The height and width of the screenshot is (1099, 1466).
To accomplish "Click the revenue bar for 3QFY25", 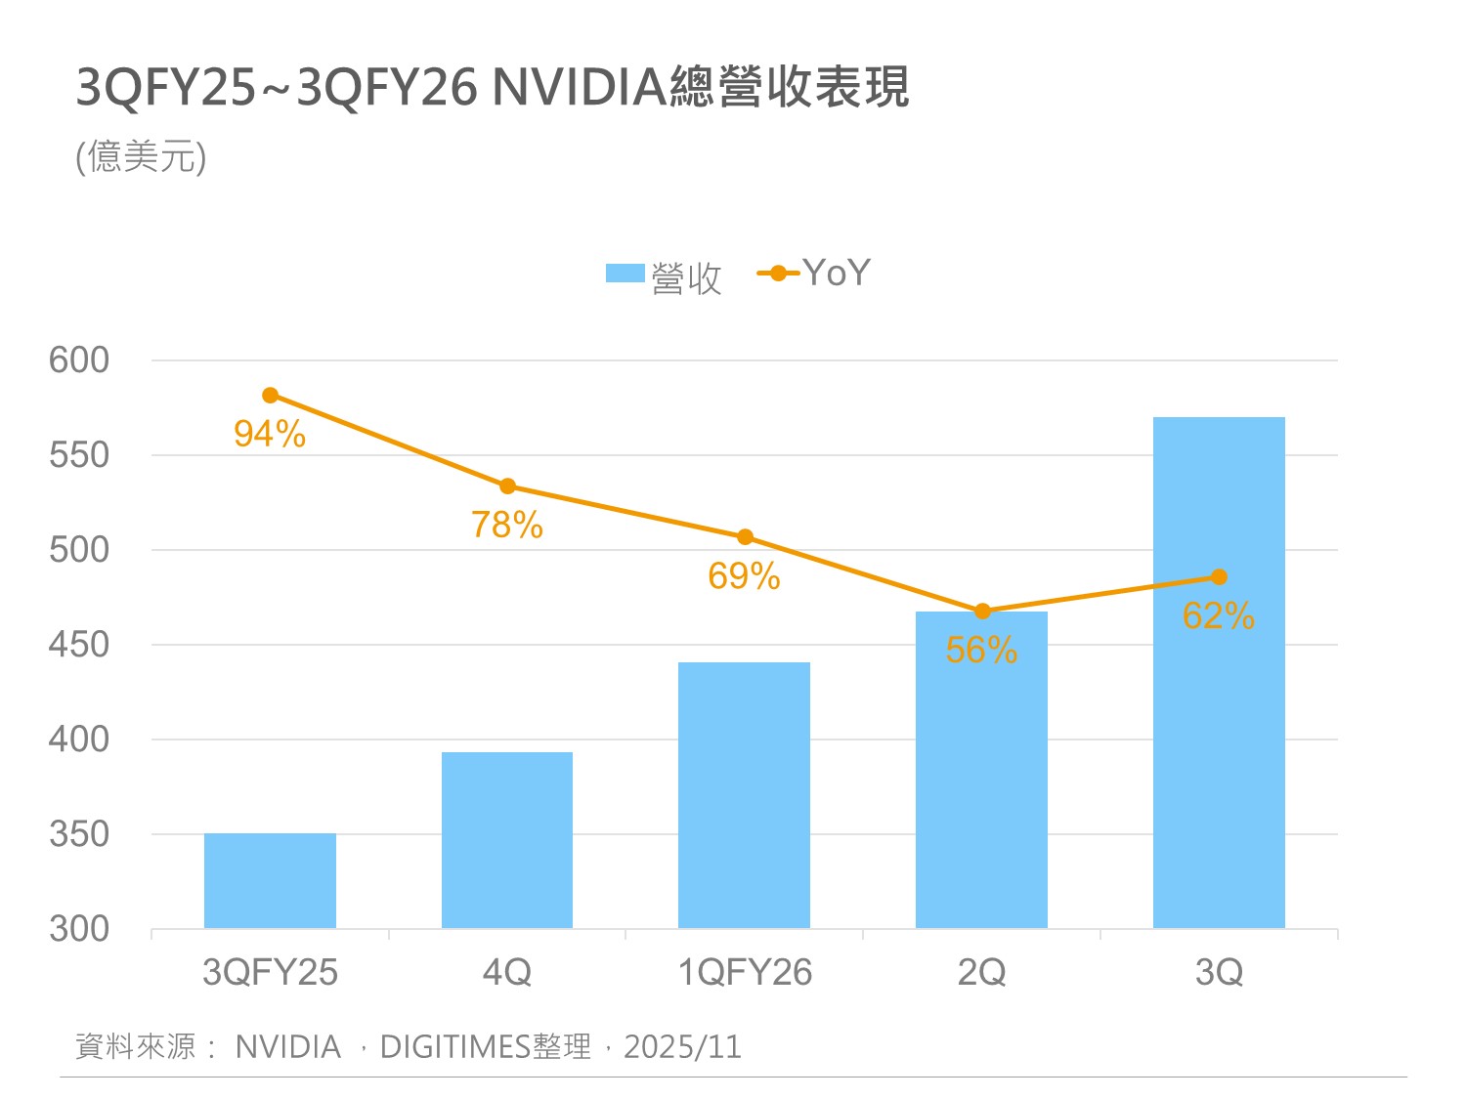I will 270,880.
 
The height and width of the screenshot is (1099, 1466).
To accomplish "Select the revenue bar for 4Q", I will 507,840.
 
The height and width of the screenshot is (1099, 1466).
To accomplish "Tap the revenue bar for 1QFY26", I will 744,795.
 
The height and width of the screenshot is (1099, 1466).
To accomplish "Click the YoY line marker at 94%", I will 271,396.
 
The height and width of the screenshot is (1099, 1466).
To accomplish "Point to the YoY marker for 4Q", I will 507,486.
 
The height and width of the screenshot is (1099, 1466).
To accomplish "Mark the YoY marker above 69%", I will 745,537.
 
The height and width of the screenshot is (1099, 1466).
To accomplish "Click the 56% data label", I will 981,651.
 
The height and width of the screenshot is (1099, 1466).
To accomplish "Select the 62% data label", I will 1218,616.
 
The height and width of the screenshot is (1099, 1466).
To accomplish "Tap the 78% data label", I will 507,526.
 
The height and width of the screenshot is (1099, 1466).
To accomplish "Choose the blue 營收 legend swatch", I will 625,274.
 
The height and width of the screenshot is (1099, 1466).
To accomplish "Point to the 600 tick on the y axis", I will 79,360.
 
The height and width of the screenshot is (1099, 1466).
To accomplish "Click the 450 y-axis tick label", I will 79,645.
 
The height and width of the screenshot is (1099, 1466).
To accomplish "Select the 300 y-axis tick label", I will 79,929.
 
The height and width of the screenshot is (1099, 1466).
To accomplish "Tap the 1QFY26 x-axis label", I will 745,973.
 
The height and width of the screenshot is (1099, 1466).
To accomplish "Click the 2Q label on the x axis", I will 981,973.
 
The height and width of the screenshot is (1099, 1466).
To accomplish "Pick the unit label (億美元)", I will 142,156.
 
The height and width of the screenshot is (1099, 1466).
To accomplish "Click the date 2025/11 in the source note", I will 682,1047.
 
